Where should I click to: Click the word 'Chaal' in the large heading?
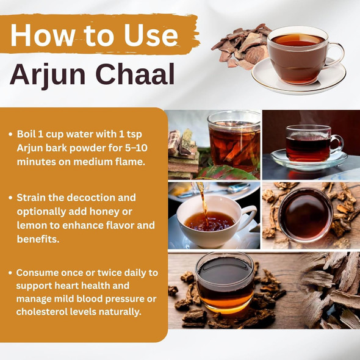tap(137, 76)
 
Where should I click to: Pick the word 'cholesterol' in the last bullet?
tap(41, 312)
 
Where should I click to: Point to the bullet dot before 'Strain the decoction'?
tap(11, 198)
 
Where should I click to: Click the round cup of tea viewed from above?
tap(306, 215)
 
